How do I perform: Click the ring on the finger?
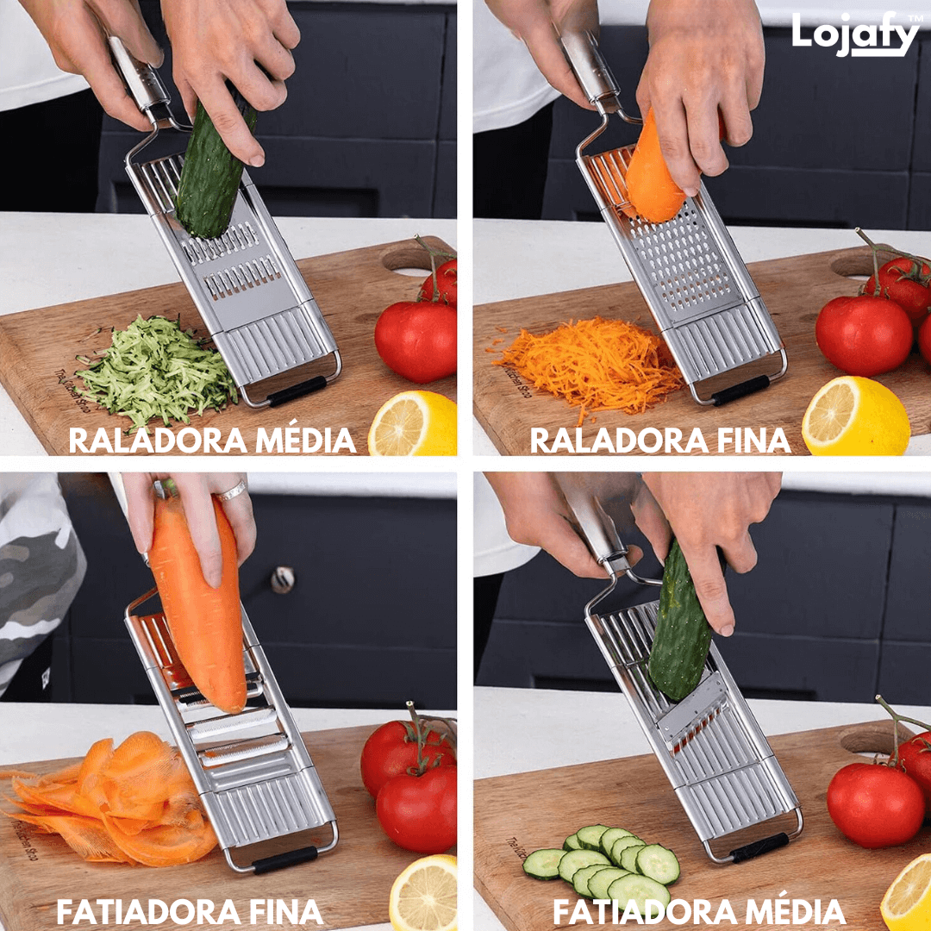pos(231,491)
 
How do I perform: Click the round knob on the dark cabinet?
pos(282,580)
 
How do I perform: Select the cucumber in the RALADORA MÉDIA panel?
pos(211,172)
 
